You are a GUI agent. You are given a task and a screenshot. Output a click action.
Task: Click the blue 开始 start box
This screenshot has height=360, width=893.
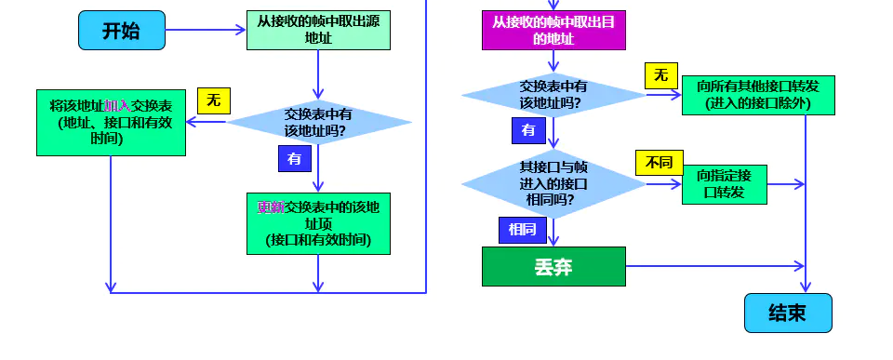[x=121, y=31]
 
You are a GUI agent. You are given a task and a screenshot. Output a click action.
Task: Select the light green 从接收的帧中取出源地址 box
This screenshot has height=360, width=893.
[x=318, y=30]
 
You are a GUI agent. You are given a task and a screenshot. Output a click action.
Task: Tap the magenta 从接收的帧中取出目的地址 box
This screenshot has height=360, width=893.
[x=553, y=30]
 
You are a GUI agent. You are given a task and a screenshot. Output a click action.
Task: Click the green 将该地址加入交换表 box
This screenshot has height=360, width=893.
[x=112, y=122]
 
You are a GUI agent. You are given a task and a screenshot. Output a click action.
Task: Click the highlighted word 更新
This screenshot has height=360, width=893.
[x=271, y=207]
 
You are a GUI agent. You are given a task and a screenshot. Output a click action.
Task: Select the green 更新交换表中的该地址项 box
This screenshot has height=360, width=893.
[x=318, y=223]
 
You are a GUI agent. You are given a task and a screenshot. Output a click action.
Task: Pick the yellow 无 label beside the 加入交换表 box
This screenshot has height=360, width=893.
[x=213, y=100]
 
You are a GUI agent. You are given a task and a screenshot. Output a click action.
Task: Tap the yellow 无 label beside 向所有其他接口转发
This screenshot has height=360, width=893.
[x=660, y=75]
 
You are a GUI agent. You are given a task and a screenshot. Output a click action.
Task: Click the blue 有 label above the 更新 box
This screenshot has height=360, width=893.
[x=295, y=159]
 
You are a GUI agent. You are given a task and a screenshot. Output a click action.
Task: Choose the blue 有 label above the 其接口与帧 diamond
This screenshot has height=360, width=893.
[x=528, y=130]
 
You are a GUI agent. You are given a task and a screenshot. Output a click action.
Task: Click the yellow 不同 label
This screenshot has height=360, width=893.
[x=659, y=163]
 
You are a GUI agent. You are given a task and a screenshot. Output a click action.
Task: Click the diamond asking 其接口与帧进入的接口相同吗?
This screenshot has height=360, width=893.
[x=553, y=183]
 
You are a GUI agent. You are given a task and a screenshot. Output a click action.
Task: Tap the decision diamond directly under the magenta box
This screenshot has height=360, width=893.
[x=553, y=94]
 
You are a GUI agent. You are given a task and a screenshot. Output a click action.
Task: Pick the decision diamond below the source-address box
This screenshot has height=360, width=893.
[x=318, y=123]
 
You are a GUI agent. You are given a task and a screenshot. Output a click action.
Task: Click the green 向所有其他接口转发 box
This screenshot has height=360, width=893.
[x=758, y=94]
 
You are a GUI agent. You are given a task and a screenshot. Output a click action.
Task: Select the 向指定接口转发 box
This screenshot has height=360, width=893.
[x=725, y=183]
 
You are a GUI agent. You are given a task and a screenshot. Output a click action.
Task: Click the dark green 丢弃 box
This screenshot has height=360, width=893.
[x=553, y=267]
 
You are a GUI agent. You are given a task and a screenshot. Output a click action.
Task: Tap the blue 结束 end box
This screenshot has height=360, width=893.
[x=787, y=313]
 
